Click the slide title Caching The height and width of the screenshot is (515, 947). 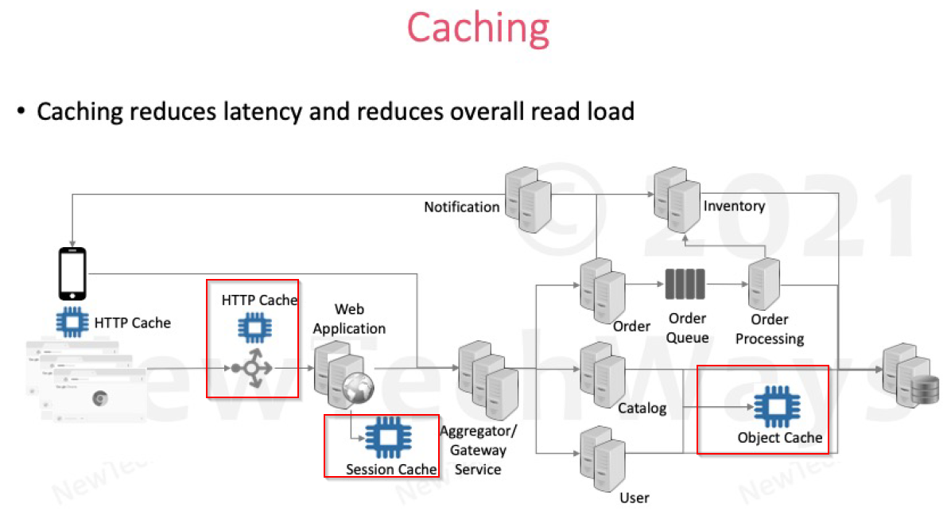click(x=478, y=28)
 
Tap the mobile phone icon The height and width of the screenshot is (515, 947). click(x=72, y=273)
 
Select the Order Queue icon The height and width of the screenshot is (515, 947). click(x=685, y=284)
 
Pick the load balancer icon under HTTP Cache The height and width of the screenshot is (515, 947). click(x=251, y=369)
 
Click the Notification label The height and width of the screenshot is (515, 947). click(x=461, y=207)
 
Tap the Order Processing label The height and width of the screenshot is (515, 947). click(x=769, y=329)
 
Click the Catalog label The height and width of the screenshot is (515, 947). click(x=642, y=409)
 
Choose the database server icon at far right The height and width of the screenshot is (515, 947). click(x=907, y=378)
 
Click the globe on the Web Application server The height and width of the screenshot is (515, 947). click(x=359, y=388)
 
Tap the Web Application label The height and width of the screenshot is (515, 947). click(x=349, y=319)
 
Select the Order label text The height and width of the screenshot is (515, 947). click(x=631, y=326)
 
